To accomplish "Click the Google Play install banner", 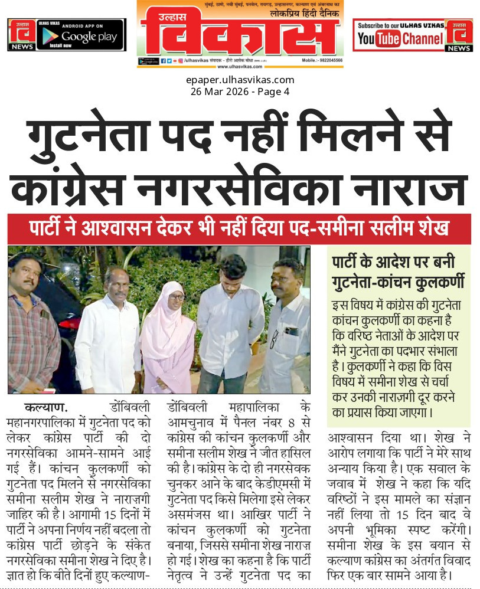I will [x=80, y=34].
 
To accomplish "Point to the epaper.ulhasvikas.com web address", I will [x=240, y=80].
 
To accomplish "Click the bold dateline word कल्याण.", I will [x=46, y=407].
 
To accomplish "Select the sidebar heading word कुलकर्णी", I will [x=436, y=282].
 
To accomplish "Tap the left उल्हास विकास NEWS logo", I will [x=21, y=34].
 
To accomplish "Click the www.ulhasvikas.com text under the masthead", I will [x=240, y=67].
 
